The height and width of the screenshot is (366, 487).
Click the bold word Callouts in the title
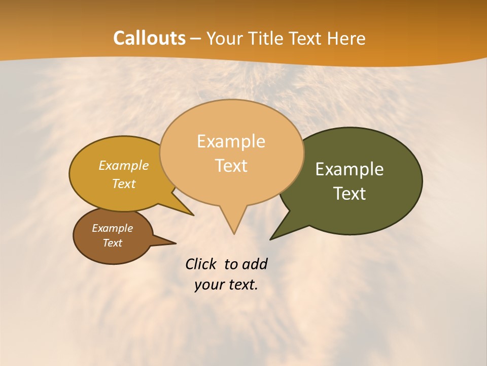(149, 38)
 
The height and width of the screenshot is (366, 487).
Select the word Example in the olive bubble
(350, 169)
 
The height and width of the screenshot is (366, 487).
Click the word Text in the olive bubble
(350, 194)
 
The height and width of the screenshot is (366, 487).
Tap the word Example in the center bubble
(231, 141)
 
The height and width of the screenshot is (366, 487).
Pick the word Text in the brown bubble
(113, 243)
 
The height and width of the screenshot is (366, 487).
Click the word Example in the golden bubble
(124, 166)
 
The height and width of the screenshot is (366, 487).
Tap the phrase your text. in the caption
(226, 285)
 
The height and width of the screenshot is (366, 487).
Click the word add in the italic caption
(255, 264)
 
